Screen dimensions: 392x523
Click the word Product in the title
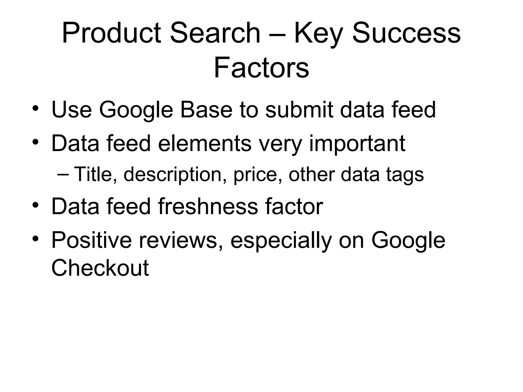pyautogui.click(x=112, y=33)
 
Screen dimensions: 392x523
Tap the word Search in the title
pyautogui.click(x=215, y=33)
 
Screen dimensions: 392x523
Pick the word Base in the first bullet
pyautogui.click(x=206, y=109)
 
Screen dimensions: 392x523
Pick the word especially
pyautogui.click(x=281, y=241)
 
